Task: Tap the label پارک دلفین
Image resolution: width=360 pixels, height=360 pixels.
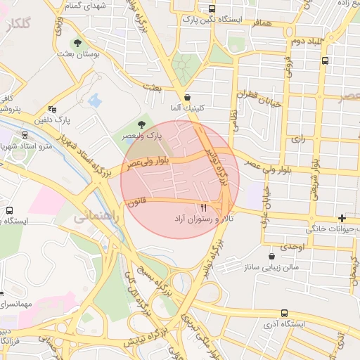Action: point(74,120)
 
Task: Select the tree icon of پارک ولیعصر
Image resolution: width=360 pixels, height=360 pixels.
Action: point(142,124)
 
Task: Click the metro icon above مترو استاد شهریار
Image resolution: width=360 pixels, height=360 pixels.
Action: point(25,134)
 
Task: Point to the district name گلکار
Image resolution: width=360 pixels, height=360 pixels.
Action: point(18,25)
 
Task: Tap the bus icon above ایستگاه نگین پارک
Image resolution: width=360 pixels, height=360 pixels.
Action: point(212,9)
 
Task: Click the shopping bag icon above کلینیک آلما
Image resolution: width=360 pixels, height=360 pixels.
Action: point(186,97)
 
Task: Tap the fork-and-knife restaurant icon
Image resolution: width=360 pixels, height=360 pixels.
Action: point(204,208)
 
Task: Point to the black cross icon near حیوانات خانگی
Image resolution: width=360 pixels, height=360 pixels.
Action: point(342,218)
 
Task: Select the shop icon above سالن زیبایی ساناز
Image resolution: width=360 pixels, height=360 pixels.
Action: point(271,256)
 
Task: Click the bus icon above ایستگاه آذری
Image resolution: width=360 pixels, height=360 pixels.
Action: point(284,313)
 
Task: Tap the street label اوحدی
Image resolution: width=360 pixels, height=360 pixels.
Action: point(292,247)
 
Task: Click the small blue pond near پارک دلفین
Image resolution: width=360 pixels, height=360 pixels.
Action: point(94,101)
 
